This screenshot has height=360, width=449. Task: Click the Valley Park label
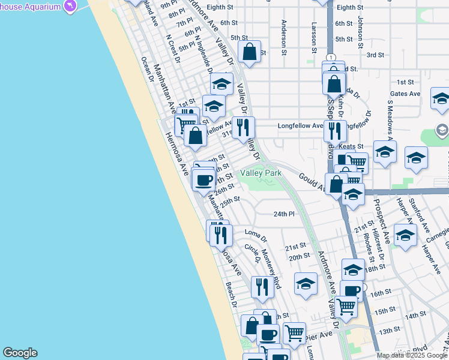tap(261, 173)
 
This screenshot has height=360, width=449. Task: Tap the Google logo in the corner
tap(20, 353)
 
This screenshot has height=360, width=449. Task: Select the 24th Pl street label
tap(285, 214)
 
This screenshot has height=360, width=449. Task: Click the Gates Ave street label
tap(405, 94)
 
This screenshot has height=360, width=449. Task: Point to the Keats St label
tap(351, 146)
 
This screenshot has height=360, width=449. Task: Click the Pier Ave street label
tap(320, 334)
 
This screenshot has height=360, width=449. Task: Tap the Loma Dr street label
tap(255, 232)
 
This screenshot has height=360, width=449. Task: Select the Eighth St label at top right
tap(351, 7)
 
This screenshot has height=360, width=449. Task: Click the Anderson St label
tap(283, 35)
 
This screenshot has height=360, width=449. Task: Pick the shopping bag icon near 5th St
tap(249, 52)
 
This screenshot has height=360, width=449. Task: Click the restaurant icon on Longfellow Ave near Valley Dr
tap(243, 128)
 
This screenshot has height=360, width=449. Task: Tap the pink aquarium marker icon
tap(71, 7)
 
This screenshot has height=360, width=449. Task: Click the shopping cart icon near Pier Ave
tap(294, 333)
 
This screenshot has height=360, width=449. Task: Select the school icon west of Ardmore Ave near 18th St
tap(306, 284)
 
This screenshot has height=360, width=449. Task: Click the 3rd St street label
tap(375, 55)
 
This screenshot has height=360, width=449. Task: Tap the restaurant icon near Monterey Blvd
tap(262, 287)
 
